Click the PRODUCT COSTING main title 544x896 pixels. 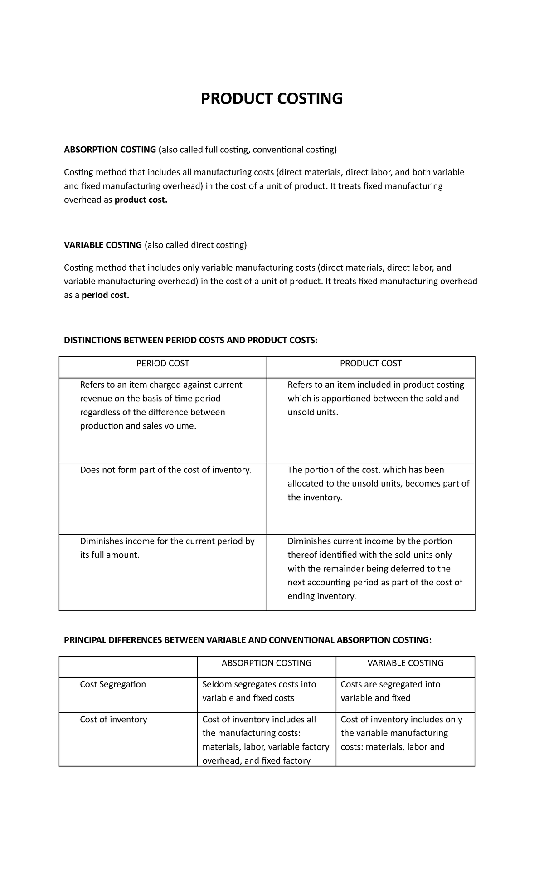[272, 98]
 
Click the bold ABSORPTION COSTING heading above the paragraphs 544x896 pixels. [111, 150]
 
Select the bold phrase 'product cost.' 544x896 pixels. [141, 200]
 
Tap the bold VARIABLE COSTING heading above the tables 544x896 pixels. [103, 245]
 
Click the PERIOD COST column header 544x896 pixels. [163, 364]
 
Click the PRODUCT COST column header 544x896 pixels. [371, 364]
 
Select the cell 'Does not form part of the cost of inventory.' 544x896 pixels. [165, 470]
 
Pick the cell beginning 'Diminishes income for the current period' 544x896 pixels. [167, 548]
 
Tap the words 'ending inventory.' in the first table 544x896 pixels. [322, 596]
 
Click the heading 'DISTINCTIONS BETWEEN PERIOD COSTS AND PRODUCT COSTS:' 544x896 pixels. [191, 341]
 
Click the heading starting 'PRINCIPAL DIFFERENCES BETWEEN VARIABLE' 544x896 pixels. [248, 640]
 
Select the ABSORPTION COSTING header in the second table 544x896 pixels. [267, 663]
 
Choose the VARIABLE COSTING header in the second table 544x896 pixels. [405, 663]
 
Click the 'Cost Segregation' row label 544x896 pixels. [113, 684]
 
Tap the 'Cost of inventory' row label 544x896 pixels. [113, 719]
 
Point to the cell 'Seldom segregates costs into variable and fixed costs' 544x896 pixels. [259, 691]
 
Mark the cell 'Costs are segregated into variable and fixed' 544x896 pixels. [390, 691]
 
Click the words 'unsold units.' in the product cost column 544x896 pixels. [313, 412]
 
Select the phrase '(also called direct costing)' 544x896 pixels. [196, 245]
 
